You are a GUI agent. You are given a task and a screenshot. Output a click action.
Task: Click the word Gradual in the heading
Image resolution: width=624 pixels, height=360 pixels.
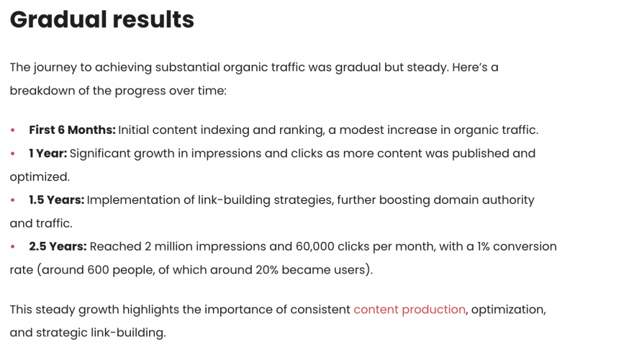tap(54, 19)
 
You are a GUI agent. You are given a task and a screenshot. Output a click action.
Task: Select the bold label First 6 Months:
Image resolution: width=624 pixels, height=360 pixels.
tap(72, 130)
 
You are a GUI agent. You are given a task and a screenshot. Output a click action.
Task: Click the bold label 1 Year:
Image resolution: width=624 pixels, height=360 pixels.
tap(48, 153)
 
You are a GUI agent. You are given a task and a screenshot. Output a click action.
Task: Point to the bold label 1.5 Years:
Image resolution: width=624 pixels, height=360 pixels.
tap(56, 200)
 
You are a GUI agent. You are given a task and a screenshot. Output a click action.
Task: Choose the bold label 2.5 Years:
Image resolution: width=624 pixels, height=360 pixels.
tap(58, 247)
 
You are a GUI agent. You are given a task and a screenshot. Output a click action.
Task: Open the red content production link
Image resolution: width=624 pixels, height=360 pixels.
tap(410, 310)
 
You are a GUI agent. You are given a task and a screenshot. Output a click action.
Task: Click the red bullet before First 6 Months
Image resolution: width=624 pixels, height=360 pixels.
tap(13, 130)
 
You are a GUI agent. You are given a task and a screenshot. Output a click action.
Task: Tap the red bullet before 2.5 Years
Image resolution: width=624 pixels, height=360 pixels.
tap(13, 247)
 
